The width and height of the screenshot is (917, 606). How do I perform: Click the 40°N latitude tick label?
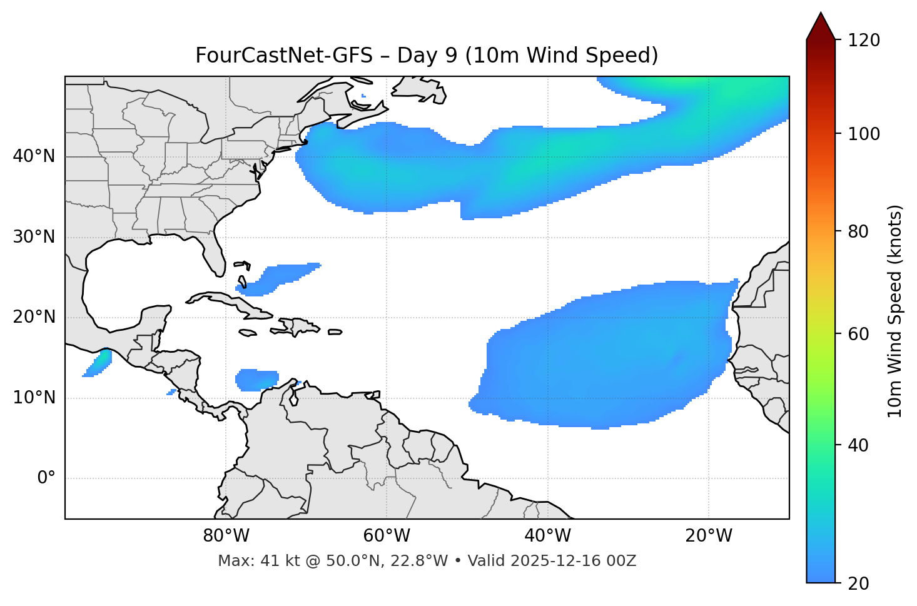point(34,156)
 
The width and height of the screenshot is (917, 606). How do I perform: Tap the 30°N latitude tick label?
point(34,237)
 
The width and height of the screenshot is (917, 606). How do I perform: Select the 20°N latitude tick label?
point(34,317)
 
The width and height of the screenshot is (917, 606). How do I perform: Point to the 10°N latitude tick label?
point(34,398)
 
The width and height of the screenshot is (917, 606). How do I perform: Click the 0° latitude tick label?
point(46,478)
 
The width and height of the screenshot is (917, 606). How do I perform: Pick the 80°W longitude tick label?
point(226,536)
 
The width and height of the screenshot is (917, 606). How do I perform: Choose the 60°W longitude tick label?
point(387,536)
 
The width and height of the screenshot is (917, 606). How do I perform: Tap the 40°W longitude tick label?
point(547,536)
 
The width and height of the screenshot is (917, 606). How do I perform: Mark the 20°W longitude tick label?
point(709,536)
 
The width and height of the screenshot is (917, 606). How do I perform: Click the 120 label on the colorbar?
point(864,41)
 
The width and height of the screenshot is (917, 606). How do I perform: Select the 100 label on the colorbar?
point(864,134)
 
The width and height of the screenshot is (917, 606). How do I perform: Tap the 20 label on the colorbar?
point(859,583)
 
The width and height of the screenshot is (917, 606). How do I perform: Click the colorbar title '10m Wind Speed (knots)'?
point(895,311)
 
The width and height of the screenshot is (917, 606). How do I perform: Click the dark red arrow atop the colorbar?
point(821,27)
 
